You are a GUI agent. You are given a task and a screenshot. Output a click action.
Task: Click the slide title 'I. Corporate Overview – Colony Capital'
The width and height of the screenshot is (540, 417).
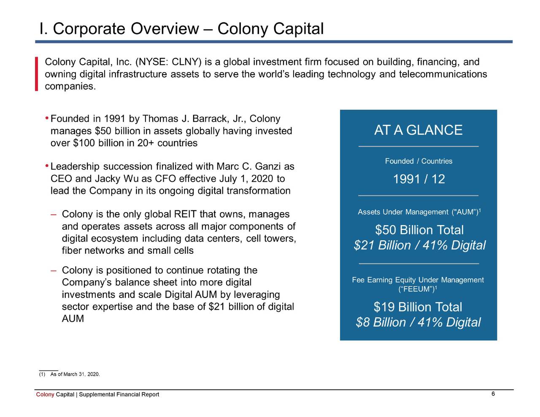(181, 29)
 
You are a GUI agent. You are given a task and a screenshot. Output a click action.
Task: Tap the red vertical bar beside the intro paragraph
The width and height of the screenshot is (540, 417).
(37, 74)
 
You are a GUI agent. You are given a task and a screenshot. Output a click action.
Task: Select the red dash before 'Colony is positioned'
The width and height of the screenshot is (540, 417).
(54, 270)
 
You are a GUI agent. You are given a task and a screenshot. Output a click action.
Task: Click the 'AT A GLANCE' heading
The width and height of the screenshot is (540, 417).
(418, 130)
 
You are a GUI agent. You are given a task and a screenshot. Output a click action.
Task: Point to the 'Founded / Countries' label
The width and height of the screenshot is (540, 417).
(418, 161)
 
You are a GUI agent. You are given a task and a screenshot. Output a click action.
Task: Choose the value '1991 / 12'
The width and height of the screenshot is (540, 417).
(418, 179)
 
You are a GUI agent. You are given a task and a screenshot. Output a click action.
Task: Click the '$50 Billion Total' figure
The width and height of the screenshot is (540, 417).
(419, 230)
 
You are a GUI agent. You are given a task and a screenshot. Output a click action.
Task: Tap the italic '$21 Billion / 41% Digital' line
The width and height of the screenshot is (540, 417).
(419, 245)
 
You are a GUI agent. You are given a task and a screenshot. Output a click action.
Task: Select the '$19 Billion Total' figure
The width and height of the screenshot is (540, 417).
(418, 307)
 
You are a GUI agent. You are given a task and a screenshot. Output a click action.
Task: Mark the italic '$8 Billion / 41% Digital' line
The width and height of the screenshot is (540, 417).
(418, 323)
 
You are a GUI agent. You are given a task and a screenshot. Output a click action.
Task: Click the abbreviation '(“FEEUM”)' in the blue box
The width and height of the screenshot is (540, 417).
(416, 289)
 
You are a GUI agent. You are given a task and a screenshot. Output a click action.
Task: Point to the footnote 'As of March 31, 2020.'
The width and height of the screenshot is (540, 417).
(75, 374)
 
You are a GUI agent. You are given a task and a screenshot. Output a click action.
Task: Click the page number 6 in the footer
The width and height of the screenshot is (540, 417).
(493, 394)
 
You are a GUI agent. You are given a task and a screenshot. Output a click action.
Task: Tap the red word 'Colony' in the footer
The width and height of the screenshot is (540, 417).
(45, 395)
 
